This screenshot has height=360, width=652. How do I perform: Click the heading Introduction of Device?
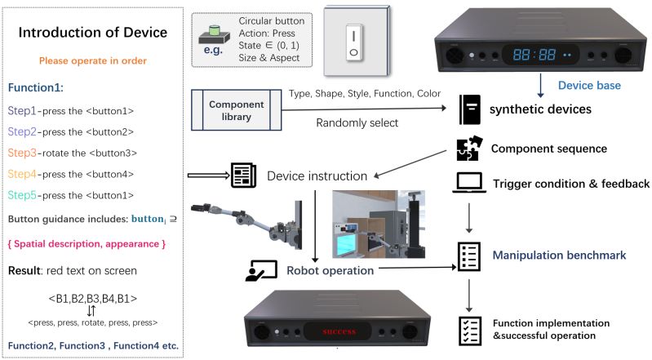coord(93,33)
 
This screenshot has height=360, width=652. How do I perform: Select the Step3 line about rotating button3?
coord(73,153)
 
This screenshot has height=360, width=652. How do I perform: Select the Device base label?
coord(588,85)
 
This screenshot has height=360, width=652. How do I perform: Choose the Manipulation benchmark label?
coord(558,256)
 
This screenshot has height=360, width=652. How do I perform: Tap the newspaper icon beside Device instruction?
coord(242,173)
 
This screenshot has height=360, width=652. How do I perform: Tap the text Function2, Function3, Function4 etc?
coord(93,346)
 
